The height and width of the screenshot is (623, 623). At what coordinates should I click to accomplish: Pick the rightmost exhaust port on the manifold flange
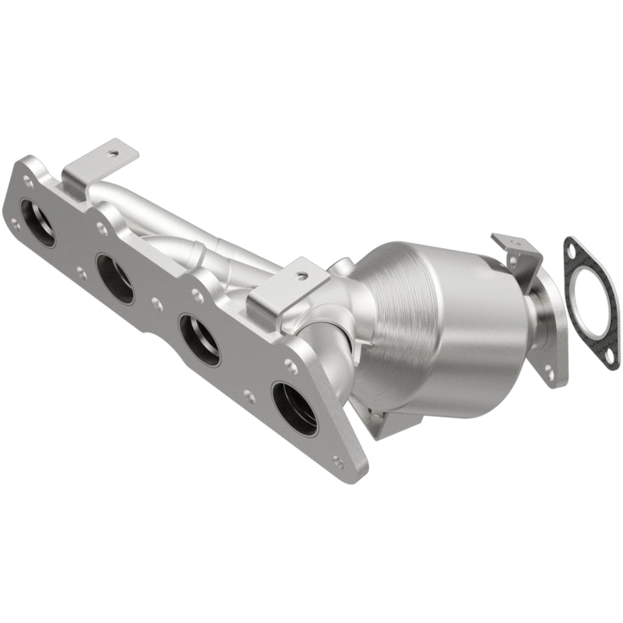[294, 408]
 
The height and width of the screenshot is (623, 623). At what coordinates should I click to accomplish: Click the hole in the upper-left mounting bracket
[114, 154]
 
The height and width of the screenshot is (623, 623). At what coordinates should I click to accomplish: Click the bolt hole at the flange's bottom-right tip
[338, 461]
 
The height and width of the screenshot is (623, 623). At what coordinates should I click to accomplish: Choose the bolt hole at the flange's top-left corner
[28, 181]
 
